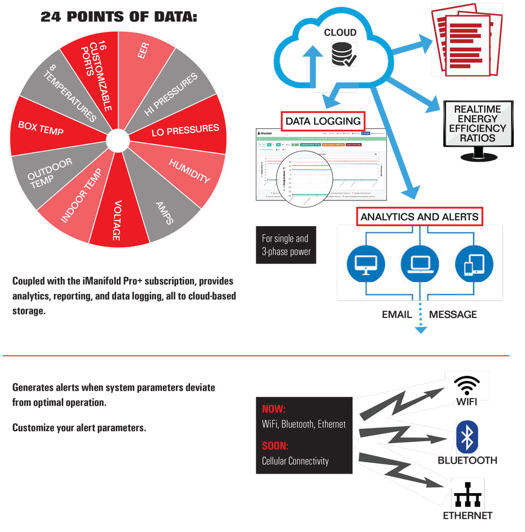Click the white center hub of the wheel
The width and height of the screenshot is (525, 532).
point(117,140)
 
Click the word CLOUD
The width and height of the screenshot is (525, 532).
point(340,33)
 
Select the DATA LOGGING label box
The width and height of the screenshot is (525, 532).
point(323,121)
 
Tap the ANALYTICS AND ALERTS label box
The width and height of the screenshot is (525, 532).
point(420,216)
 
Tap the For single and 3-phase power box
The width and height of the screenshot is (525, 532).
point(286,245)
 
